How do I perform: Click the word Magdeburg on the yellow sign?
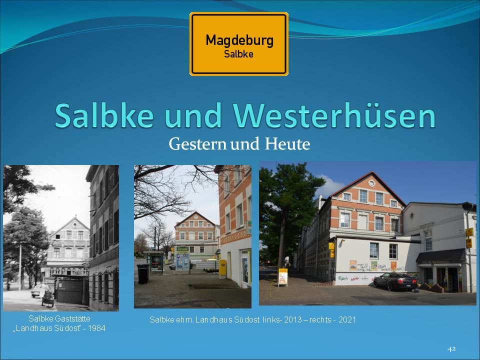click(239, 40)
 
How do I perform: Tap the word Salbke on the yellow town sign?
click(238, 54)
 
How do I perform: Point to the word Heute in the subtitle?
click(287, 144)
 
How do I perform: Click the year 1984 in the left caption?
click(96, 328)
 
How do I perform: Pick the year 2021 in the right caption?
click(347, 320)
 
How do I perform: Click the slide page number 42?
click(451, 349)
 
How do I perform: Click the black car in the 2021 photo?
click(395, 281)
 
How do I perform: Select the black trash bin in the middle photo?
click(143, 273)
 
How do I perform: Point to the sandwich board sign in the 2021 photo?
click(282, 277)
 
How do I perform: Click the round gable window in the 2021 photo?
click(371, 183)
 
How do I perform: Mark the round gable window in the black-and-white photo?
click(74, 226)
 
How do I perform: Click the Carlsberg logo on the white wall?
click(343, 278)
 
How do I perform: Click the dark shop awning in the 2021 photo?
click(440, 256)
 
